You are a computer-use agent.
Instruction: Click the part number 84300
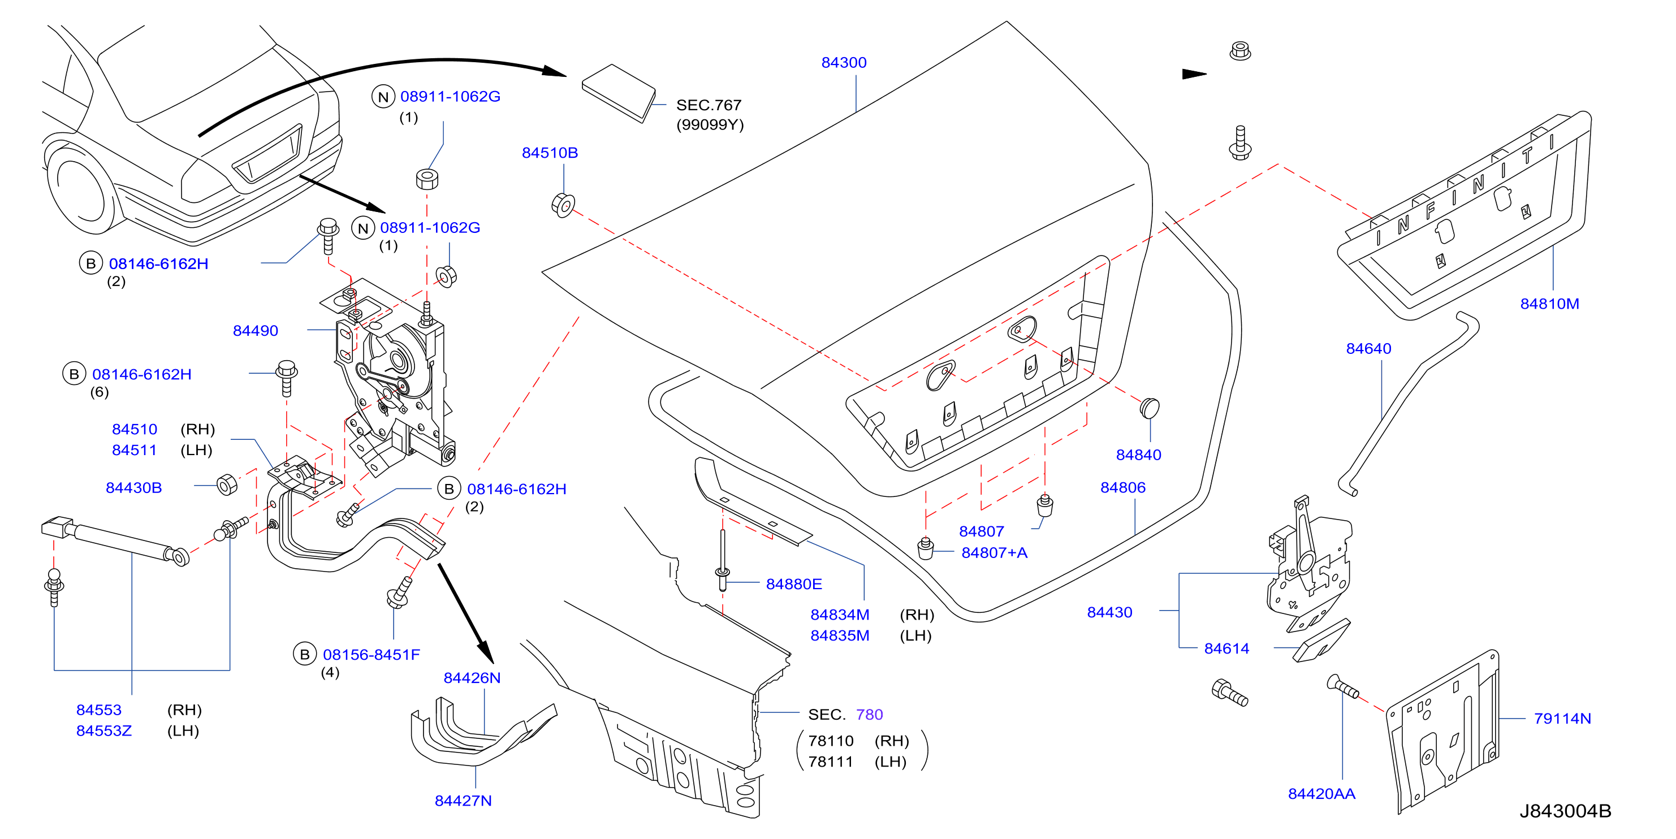844,62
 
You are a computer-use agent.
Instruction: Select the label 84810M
1549,304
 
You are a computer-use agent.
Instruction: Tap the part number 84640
1368,349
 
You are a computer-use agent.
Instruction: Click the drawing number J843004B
1565,811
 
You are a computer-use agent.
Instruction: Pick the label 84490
255,330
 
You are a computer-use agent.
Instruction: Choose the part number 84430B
133,488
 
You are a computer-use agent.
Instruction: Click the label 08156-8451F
371,654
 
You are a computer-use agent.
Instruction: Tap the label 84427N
463,801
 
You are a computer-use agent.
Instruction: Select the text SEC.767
709,105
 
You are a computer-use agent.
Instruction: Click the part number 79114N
1562,719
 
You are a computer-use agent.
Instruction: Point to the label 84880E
794,584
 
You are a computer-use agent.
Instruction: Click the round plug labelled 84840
1150,408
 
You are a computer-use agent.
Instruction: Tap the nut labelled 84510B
563,206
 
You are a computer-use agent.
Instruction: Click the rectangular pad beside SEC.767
618,92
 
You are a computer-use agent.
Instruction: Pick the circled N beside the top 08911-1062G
383,97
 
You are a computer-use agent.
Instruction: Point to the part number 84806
1122,487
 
